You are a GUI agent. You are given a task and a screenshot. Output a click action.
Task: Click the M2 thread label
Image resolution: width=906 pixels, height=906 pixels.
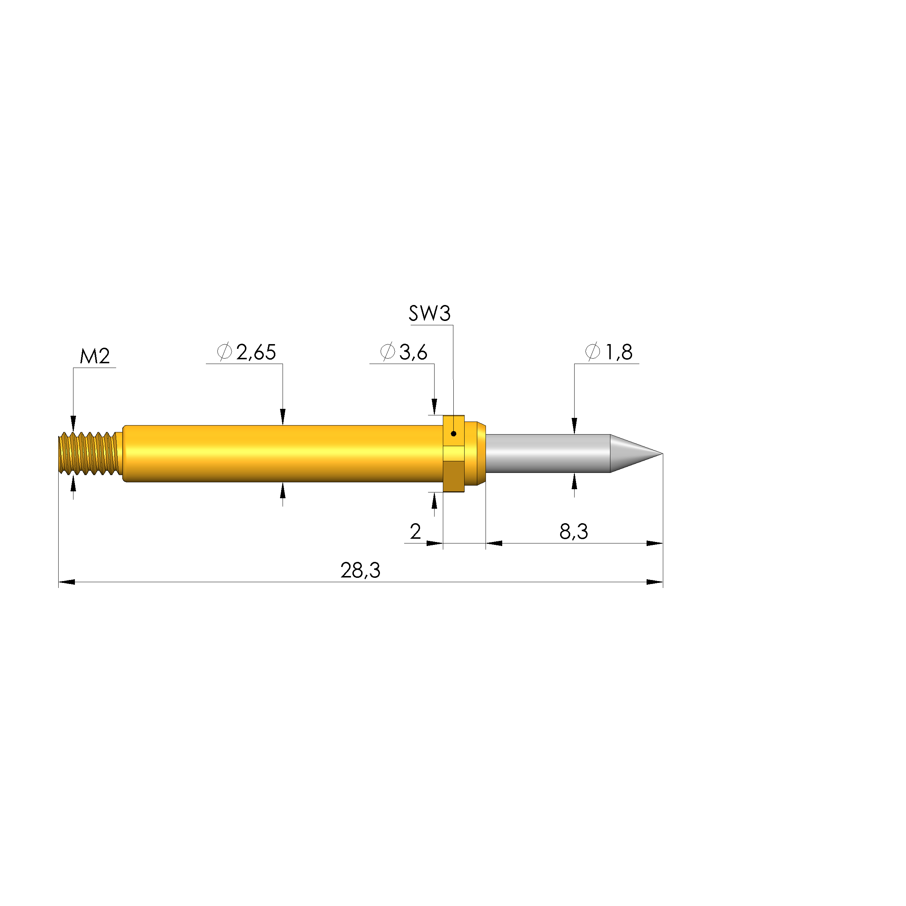pyautogui.click(x=95, y=356)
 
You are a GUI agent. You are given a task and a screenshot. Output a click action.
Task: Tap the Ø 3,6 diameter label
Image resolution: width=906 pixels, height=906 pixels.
pyautogui.click(x=404, y=352)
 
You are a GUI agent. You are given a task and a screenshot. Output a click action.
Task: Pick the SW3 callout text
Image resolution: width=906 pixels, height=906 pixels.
pyautogui.click(x=429, y=313)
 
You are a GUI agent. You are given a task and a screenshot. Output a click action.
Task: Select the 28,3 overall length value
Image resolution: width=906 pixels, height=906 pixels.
pyautogui.click(x=360, y=571)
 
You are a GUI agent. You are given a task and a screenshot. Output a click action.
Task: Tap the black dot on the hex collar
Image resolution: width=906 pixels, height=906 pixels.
pyautogui.click(x=453, y=434)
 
